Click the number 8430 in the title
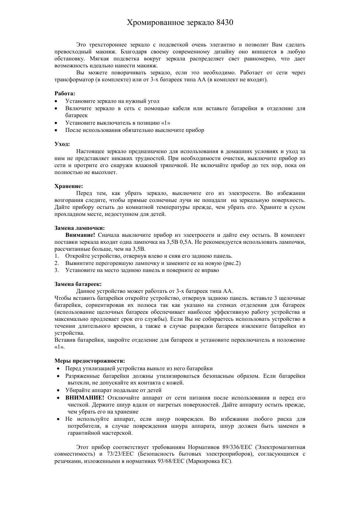pyautogui.click(x=225, y=23)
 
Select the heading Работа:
pyautogui.click(x=65, y=94)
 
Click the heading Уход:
pyautogui.click(x=62, y=144)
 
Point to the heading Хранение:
pyautogui.click(x=69, y=186)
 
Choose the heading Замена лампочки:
pyautogui.click(x=80, y=228)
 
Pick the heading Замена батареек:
pyautogui.click(x=78, y=284)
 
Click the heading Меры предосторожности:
pyautogui.click(x=90, y=361)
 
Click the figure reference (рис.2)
pyautogui.click(x=232, y=263)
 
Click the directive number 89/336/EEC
pyautogui.click(x=237, y=447)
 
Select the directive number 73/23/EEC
pyautogui.click(x=122, y=454)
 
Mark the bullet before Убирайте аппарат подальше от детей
pyautogui.click(x=59, y=391)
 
